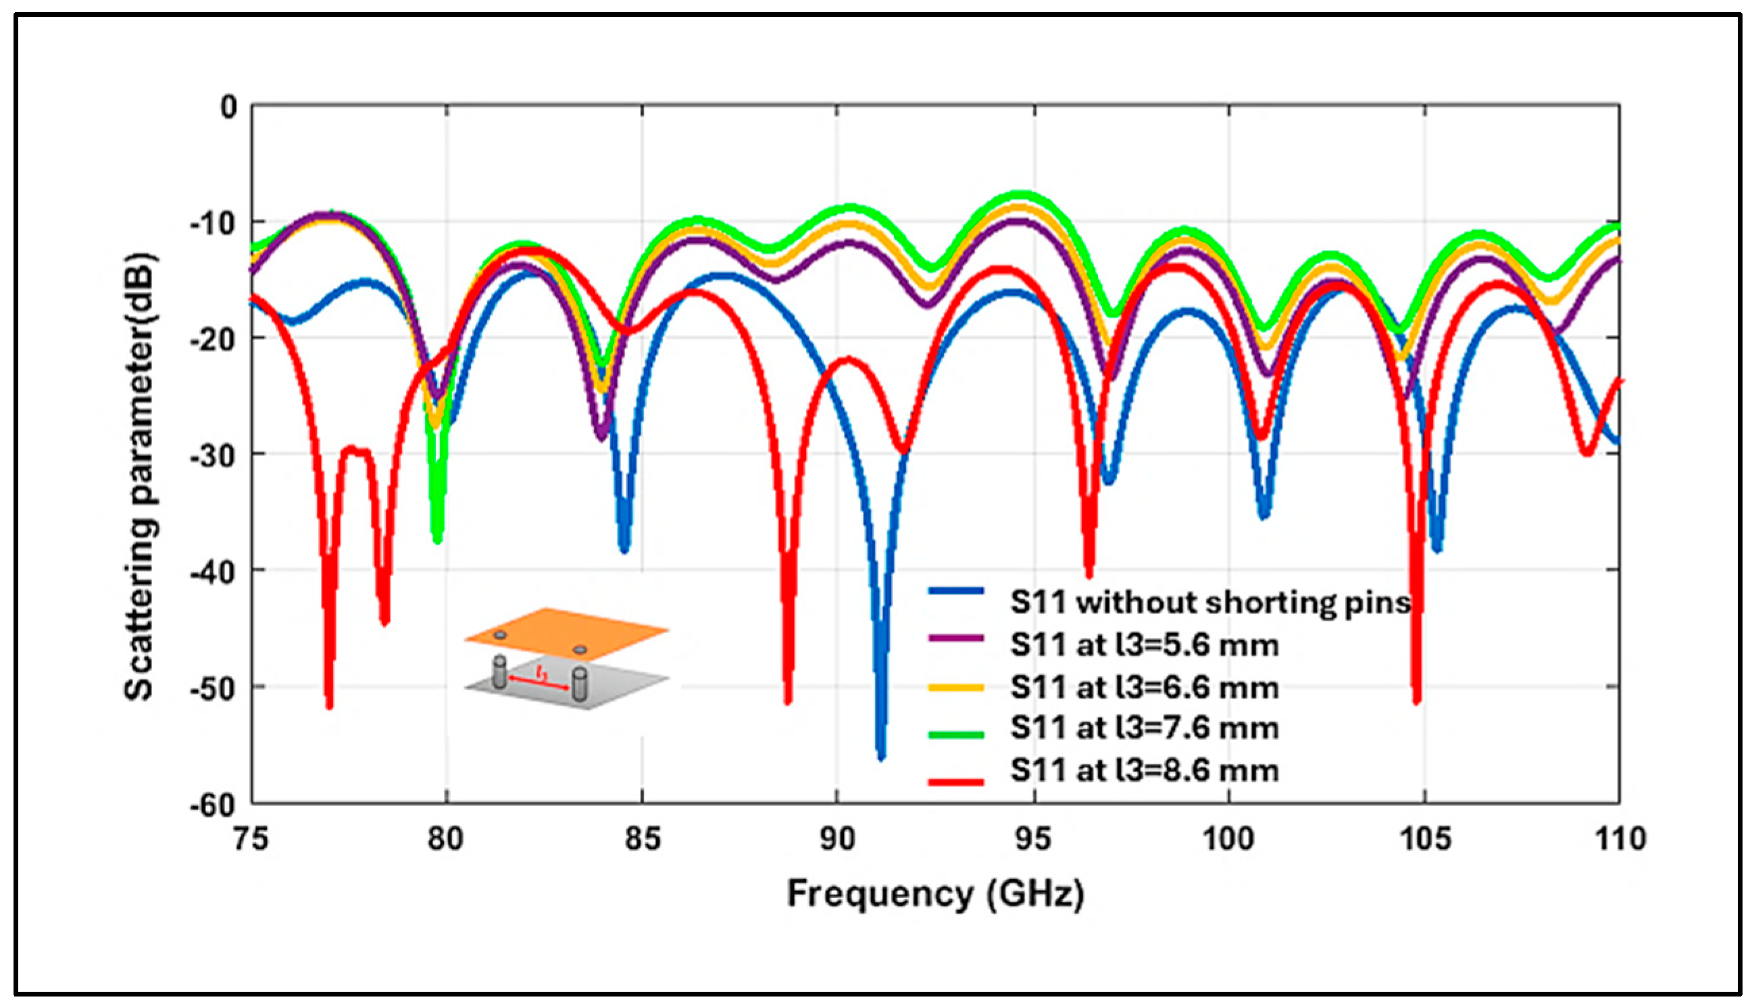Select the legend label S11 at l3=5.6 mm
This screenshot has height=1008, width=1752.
point(1143,645)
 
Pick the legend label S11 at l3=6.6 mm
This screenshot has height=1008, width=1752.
point(1143,688)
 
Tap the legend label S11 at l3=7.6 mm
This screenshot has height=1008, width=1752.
point(1143,728)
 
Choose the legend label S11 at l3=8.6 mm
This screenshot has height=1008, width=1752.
point(1143,771)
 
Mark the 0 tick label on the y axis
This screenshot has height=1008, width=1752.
point(228,107)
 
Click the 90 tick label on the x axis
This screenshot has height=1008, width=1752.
point(837,840)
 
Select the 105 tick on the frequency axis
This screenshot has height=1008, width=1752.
point(1424,840)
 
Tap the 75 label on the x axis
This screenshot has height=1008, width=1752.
point(251,840)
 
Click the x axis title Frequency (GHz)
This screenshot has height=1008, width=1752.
point(935,894)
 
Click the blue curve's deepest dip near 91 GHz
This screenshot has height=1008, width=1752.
point(880,756)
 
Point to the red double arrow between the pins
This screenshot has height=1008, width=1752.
point(539,682)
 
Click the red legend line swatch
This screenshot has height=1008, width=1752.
point(955,782)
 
